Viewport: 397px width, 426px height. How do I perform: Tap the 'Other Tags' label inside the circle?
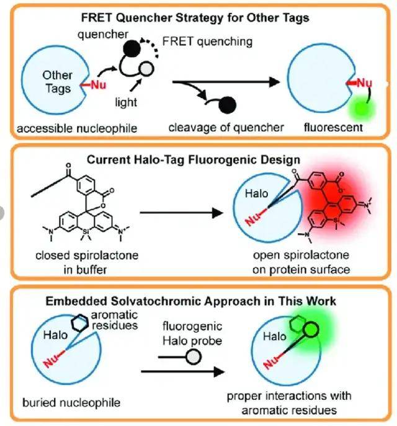57,81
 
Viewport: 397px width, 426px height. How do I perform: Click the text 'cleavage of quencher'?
226,128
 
